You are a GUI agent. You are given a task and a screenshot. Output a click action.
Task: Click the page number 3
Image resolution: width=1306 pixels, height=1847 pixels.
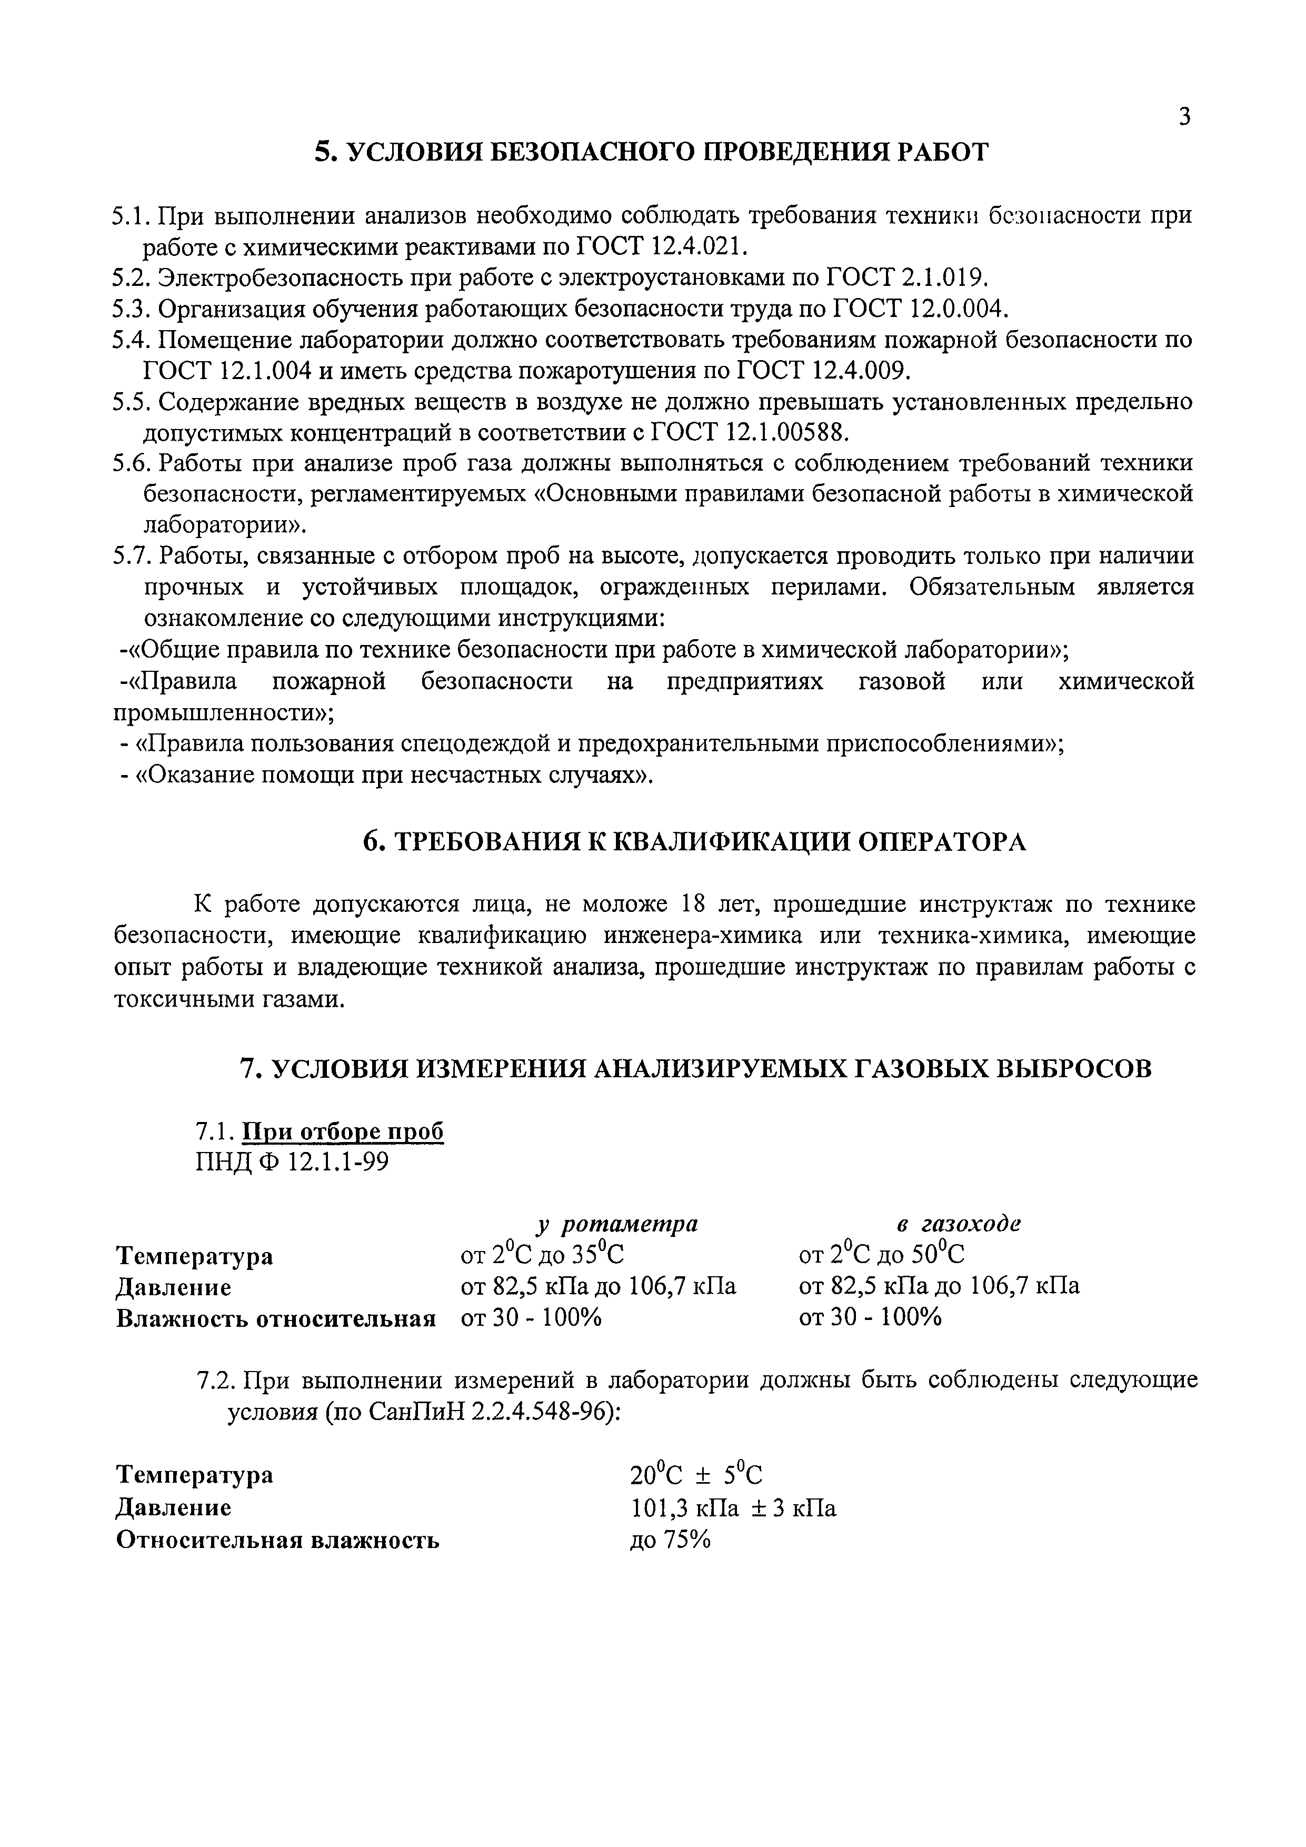tap(1184, 117)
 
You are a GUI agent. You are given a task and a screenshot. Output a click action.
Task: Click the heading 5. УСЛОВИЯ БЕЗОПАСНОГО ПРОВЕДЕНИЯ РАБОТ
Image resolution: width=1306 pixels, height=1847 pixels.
tap(651, 152)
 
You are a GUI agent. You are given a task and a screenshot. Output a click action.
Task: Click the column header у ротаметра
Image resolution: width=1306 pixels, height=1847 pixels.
tap(617, 1224)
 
